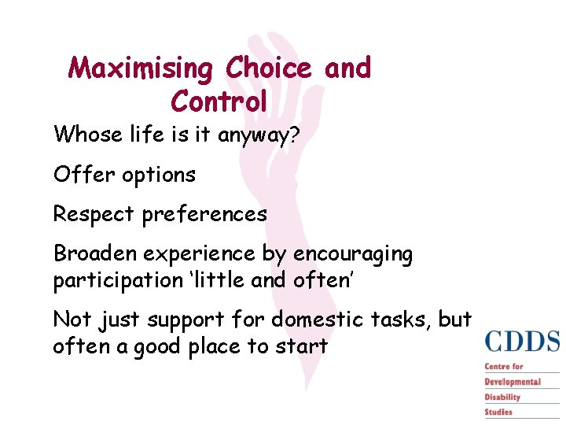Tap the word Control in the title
[x=219, y=102]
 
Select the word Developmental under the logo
[x=513, y=382]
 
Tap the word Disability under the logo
[x=502, y=397]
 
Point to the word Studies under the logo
[x=498, y=412]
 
